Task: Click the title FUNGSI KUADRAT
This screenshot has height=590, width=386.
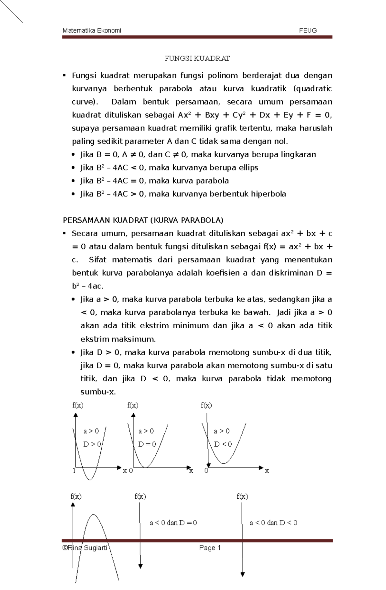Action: [197, 59]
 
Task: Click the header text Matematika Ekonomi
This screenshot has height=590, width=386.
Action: [92, 31]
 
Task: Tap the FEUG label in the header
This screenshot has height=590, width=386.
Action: [308, 31]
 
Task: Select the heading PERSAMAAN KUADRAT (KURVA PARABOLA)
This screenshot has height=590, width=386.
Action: [143, 220]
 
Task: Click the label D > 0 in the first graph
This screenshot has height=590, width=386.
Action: [92, 444]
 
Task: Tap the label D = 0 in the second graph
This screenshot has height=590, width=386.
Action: [147, 444]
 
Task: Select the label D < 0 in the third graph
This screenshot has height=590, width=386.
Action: [223, 444]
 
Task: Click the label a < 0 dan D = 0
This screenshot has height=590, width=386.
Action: [173, 523]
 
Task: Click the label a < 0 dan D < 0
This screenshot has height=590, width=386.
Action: [273, 523]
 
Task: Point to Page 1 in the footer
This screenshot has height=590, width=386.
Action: [210, 548]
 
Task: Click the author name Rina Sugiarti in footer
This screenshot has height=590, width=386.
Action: [87, 548]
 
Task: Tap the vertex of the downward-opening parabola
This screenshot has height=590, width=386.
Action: [94, 515]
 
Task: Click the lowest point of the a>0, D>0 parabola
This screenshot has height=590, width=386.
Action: [90, 480]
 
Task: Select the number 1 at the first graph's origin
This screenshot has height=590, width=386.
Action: [74, 471]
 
